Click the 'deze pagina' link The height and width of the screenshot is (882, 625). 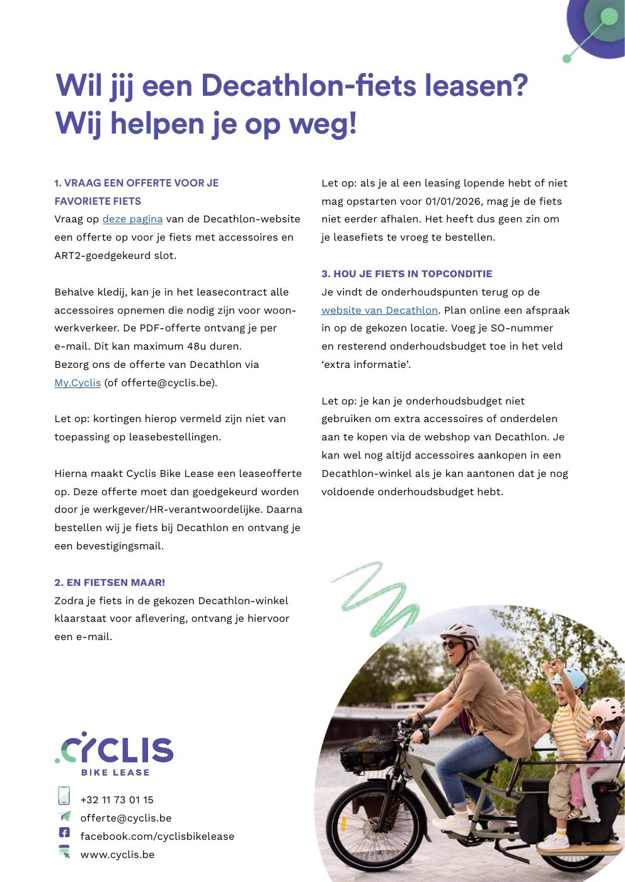pyautogui.click(x=132, y=219)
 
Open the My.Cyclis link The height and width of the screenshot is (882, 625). pyautogui.click(x=77, y=382)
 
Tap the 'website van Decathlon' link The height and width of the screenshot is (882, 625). pyautogui.click(x=379, y=310)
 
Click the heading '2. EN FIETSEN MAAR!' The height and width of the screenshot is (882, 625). pyautogui.click(x=110, y=582)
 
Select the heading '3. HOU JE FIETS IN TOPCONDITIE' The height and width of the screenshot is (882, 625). pyautogui.click(x=406, y=273)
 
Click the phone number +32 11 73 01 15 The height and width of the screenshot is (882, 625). pyautogui.click(x=117, y=799)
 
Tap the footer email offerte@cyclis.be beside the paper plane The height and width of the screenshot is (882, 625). pyautogui.click(x=125, y=818)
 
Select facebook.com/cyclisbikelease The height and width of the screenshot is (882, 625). pyautogui.click(x=157, y=836)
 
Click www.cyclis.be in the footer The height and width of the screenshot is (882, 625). pyautogui.click(x=117, y=854)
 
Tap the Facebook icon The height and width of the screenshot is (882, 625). pyautogui.click(x=64, y=833)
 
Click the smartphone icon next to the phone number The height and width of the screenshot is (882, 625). pyautogui.click(x=64, y=796)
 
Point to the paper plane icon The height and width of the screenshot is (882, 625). pyautogui.click(x=64, y=816)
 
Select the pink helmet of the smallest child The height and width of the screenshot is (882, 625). pyautogui.click(x=605, y=712)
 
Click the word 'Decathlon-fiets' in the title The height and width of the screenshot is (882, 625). pyautogui.click(x=308, y=86)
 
